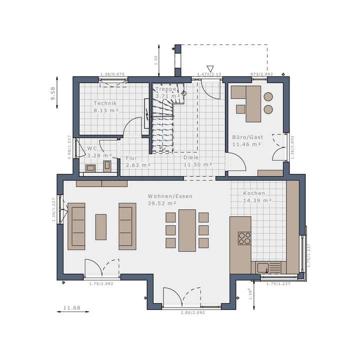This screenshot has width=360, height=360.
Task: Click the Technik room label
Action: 105,103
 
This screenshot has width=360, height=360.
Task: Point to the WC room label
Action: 92,148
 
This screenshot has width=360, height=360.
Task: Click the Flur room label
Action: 131,157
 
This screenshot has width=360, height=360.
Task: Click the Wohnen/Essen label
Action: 169,196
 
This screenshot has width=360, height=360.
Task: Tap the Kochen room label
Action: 254,193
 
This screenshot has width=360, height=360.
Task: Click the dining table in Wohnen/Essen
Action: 187,230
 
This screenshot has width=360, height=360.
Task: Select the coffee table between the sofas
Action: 101,226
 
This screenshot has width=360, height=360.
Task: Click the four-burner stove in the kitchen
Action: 244,238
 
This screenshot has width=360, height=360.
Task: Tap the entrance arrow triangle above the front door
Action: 210,69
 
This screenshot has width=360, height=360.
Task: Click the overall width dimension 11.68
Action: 72,307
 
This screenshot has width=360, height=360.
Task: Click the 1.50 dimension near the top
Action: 155,58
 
